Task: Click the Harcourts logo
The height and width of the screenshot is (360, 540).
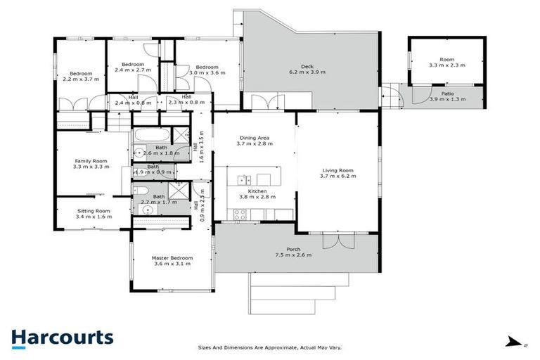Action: tap(62, 338)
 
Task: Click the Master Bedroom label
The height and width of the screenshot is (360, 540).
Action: tap(172, 258)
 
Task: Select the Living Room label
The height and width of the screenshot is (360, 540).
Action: tap(338, 170)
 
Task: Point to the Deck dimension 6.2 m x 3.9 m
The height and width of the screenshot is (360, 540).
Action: tap(307, 72)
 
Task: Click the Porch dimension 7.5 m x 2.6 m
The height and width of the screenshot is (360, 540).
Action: tap(293, 255)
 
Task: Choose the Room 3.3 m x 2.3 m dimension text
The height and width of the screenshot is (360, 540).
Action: tap(447, 65)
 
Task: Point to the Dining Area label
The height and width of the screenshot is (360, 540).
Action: tap(254, 138)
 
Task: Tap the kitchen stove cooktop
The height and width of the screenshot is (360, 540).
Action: tap(239, 216)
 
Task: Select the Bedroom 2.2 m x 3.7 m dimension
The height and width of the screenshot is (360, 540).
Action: tap(81, 79)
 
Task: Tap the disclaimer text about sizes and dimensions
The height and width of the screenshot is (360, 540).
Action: tap(270, 347)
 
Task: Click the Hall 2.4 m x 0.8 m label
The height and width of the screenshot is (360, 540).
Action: tap(133, 103)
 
